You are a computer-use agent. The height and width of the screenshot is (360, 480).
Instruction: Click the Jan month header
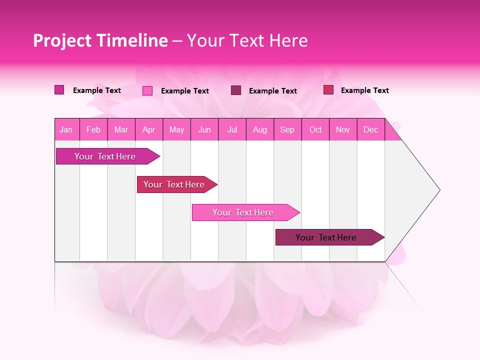[66, 130]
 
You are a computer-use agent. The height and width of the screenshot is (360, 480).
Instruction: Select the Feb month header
[93, 130]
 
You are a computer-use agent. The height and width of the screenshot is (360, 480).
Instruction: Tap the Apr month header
[148, 130]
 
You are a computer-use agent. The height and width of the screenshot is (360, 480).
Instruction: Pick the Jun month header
[204, 130]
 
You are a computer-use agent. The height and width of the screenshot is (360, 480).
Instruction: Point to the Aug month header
[259, 130]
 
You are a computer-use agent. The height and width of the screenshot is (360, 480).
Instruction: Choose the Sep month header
[287, 130]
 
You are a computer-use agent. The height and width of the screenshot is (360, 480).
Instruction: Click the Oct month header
[315, 130]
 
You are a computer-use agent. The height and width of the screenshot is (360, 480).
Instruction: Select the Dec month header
[370, 130]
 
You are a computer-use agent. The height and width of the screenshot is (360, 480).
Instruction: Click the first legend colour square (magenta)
[59, 90]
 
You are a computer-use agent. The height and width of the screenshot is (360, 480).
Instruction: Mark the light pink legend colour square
[147, 90]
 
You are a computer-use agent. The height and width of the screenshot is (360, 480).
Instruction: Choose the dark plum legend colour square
[236, 90]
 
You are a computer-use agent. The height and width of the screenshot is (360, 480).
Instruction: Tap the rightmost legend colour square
[328, 90]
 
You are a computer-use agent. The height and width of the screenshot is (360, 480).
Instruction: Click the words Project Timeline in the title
[100, 40]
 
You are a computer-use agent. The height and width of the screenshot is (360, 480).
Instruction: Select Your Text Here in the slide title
[247, 40]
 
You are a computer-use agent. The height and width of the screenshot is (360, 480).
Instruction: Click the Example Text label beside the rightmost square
[364, 90]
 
